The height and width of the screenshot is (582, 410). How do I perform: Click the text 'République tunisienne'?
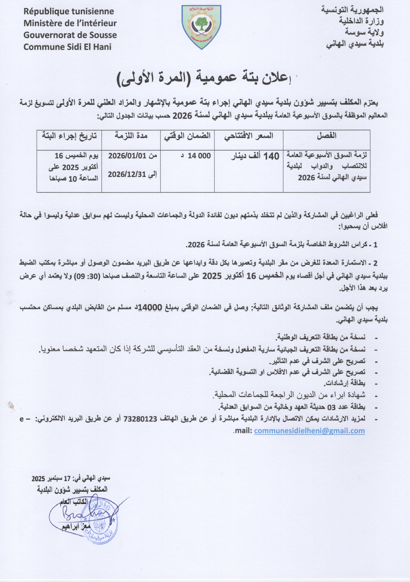pyautogui.click(x=69, y=11)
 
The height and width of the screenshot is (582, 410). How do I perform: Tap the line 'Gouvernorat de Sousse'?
pyautogui.click(x=70, y=35)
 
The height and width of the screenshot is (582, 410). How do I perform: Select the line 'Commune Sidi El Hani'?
pyautogui.click(x=67, y=47)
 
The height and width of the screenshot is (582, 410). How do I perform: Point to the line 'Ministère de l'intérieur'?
pyautogui.click(x=70, y=23)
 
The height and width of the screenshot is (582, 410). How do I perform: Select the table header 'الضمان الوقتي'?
pyautogui.click(x=187, y=136)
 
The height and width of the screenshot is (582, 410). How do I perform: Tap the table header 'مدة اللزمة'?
pyautogui.click(x=131, y=136)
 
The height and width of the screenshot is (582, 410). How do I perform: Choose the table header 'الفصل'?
pyautogui.click(x=326, y=136)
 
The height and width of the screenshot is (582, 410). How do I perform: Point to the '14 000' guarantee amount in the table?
pyautogui.click(x=199, y=156)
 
